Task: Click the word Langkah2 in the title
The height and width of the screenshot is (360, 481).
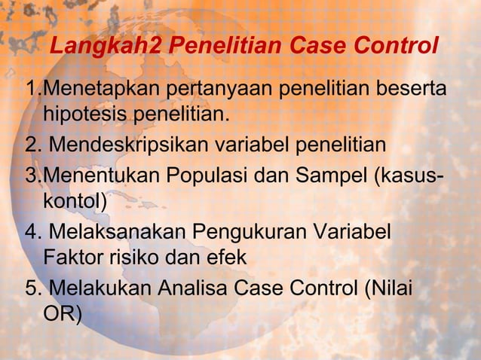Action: tap(105, 48)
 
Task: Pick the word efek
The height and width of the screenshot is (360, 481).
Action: tap(228, 257)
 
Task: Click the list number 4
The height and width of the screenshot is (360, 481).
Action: tap(32, 231)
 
